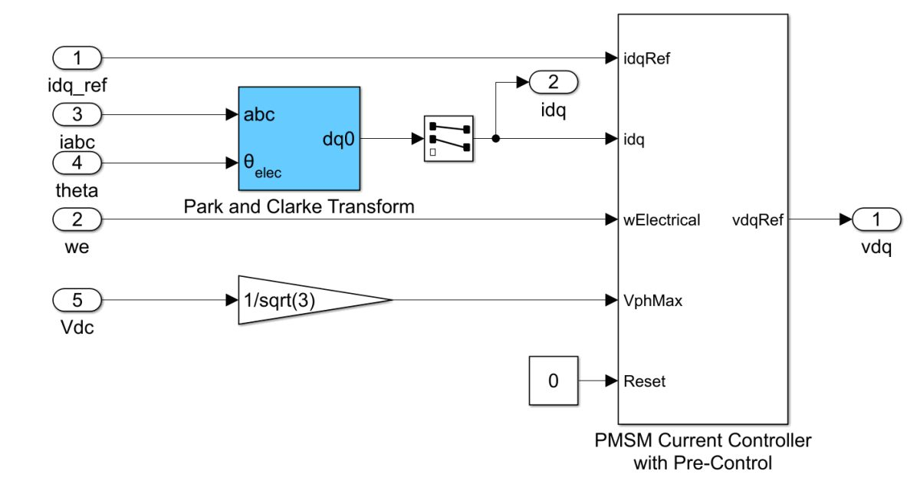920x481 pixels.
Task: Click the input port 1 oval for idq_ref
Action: [x=77, y=58]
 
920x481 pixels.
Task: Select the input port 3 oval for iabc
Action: [x=77, y=115]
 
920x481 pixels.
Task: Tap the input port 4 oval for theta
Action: [x=77, y=163]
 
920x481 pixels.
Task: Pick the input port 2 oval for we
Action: [x=77, y=220]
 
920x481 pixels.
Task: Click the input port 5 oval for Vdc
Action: [x=77, y=299]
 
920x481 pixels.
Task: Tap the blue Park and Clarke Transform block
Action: [x=299, y=138]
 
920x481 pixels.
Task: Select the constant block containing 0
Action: [x=553, y=381]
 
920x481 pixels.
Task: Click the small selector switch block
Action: [x=449, y=139]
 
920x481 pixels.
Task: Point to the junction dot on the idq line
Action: [x=496, y=139]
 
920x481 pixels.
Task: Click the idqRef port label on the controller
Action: [x=648, y=58]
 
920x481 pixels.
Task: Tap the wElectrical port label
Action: [x=662, y=220]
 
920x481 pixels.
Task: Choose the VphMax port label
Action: [x=653, y=301]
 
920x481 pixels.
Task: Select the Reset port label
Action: [x=644, y=381]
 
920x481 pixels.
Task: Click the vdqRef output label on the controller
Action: [x=757, y=220]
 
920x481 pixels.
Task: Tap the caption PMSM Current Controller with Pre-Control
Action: [x=702, y=452]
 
